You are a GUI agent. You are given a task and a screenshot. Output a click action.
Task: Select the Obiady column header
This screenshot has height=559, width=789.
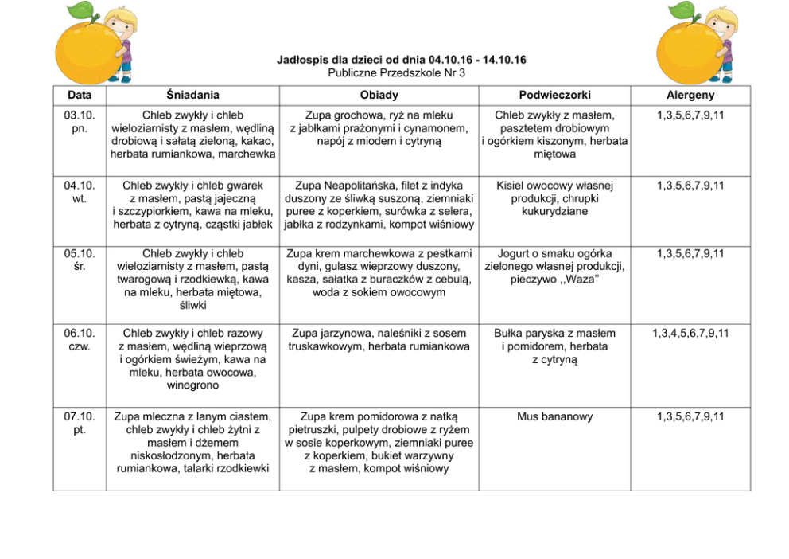[x=379, y=95]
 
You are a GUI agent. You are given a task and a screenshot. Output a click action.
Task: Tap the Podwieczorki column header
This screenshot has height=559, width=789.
[x=554, y=95]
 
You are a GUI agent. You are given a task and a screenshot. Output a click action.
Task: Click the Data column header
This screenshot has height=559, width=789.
[x=79, y=95]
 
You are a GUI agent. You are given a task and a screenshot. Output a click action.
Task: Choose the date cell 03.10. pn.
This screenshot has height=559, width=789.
[x=79, y=122]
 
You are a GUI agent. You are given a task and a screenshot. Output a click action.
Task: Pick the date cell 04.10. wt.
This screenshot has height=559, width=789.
[x=79, y=192]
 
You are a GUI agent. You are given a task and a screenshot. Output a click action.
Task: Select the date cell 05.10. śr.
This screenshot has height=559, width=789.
[x=79, y=260]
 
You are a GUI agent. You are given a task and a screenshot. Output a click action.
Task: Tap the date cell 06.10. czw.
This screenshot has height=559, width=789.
[x=79, y=340]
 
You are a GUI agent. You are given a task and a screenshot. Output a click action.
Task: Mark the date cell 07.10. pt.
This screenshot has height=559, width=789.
[x=79, y=423]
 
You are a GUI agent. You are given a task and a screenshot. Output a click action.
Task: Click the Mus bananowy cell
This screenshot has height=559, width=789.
[x=554, y=416]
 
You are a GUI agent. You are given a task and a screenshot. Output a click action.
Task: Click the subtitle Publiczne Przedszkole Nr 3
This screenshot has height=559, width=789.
[x=396, y=72]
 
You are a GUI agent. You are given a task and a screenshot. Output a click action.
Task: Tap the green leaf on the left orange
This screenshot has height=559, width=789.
[x=80, y=11]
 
